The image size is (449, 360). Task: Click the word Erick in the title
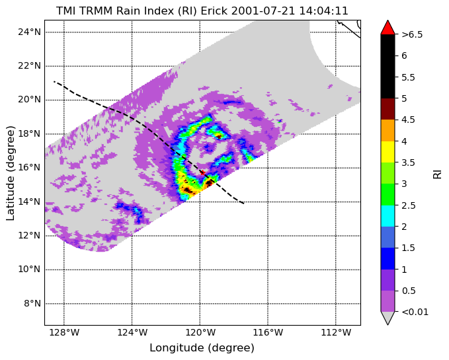click(x=214, y=11)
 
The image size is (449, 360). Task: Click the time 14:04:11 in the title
click(x=323, y=11)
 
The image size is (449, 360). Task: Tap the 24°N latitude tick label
click(x=30, y=32)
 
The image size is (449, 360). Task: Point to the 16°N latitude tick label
click(x=30, y=168)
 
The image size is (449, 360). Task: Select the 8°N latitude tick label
click(x=32, y=303)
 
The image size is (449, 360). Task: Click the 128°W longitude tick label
click(x=64, y=332)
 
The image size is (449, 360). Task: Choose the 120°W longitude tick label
click(x=200, y=332)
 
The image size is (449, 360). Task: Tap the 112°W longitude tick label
click(x=336, y=332)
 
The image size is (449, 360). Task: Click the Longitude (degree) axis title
click(x=202, y=348)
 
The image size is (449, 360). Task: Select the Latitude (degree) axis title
click(x=11, y=173)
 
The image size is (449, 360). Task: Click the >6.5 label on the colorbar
click(x=412, y=34)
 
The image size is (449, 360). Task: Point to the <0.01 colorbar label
click(x=415, y=312)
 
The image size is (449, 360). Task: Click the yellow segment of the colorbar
click(x=388, y=152)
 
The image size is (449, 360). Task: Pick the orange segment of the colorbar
click(x=388, y=130)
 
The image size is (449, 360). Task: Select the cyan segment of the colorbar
click(x=388, y=216)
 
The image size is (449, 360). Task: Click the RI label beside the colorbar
click(x=437, y=174)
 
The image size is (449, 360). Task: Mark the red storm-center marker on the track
click(x=202, y=172)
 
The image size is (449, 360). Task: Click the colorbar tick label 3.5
click(x=408, y=162)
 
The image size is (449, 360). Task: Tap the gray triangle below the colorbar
click(x=388, y=317)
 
